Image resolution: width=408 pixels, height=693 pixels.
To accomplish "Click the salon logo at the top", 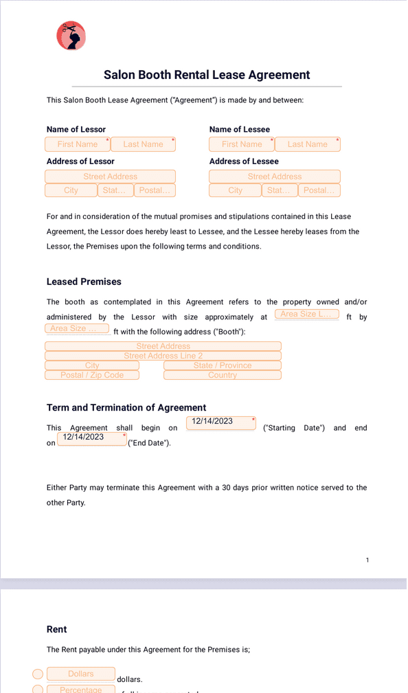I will click(71, 36).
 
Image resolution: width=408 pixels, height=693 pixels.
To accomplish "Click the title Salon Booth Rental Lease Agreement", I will click(207, 75).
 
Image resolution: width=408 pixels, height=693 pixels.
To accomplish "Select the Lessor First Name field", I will click(77, 144).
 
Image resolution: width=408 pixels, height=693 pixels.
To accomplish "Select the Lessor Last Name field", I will click(143, 144).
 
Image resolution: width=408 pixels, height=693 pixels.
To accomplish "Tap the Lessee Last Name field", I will click(307, 144).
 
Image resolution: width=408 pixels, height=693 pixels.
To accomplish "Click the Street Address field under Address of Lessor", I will click(110, 177).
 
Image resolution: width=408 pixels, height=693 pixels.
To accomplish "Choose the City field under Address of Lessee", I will click(235, 190).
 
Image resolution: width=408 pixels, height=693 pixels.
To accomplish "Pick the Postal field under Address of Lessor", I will click(155, 190).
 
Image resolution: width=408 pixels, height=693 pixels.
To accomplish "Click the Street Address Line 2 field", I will click(163, 356).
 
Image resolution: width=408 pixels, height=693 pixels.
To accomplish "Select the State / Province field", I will click(222, 365).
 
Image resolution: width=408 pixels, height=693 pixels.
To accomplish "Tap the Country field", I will click(222, 375).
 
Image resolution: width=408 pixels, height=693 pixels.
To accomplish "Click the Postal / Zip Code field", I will click(92, 375).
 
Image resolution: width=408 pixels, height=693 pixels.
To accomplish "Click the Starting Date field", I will click(221, 422).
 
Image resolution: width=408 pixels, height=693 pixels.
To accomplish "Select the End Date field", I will click(92, 438).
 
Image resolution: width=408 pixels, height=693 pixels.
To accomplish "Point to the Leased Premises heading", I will click(84, 282).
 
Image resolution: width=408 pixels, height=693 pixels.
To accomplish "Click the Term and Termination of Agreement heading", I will click(126, 407).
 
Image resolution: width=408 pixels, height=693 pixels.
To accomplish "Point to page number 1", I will click(367, 560).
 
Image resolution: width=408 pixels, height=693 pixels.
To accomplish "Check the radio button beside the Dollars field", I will click(38, 674).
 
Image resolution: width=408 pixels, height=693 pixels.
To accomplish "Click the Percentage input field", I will click(80, 688).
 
